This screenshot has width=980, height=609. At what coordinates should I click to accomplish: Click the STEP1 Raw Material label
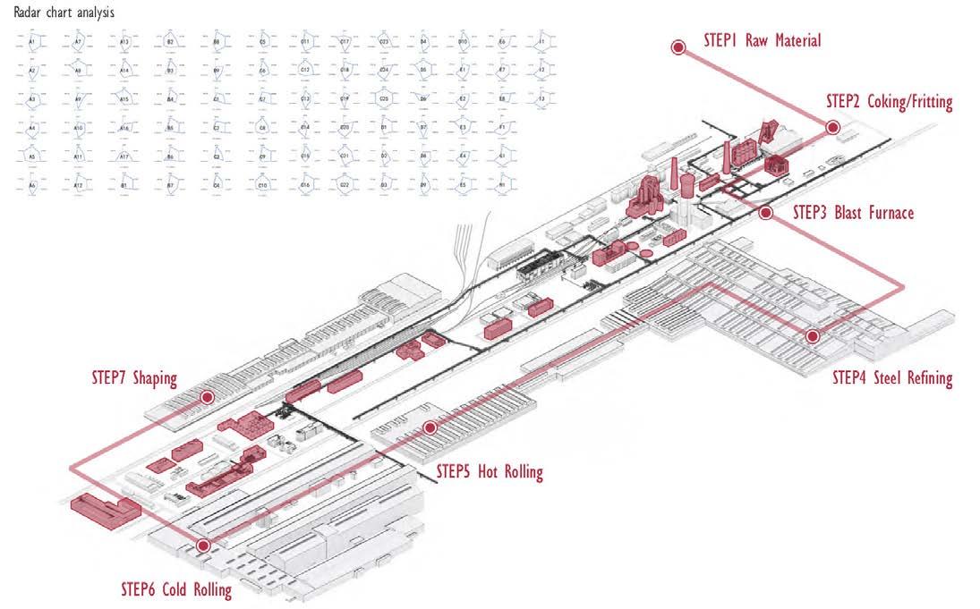tap(762, 40)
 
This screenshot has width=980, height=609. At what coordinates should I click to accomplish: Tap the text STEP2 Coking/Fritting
tap(889, 102)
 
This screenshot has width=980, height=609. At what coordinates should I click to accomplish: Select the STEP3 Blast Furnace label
tap(853, 214)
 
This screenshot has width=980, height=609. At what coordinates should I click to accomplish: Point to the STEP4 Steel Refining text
tap(891, 377)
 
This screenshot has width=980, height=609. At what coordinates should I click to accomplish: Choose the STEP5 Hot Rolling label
tap(490, 471)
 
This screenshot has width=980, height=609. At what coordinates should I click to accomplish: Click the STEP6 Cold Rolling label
tap(176, 589)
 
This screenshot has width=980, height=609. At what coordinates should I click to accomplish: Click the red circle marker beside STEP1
tap(678, 47)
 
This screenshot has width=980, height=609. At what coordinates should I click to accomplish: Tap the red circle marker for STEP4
tap(812, 336)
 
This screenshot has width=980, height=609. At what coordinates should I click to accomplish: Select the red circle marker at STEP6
tap(203, 545)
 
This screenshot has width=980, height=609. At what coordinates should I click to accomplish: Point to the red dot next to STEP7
tap(208, 396)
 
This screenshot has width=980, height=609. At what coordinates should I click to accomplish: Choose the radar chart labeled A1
tap(32, 42)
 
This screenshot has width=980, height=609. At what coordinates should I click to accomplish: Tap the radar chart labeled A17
tap(124, 156)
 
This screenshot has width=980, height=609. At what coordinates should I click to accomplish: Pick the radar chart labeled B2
tap(170, 42)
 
